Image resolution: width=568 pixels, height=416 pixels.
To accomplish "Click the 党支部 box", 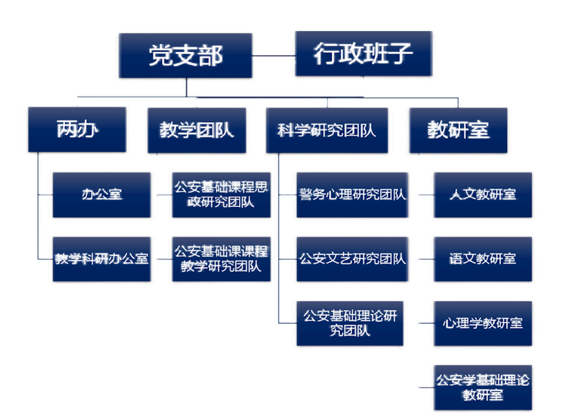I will click(185, 55).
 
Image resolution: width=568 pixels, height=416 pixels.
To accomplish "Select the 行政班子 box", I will click(364, 54).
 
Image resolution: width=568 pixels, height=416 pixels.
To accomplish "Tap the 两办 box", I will click(77, 130).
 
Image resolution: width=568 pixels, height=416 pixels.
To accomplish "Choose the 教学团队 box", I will click(196, 130).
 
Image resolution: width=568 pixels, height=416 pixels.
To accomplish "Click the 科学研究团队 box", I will click(327, 130).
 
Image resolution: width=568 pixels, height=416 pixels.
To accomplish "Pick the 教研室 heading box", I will click(458, 130).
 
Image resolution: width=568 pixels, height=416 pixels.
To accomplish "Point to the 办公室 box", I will click(102, 194).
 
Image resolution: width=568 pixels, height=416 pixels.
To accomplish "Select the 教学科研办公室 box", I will click(102, 259).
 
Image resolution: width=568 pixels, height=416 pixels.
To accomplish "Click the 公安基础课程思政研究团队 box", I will click(221, 194).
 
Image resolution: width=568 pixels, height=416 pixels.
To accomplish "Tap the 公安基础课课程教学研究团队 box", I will click(221, 259).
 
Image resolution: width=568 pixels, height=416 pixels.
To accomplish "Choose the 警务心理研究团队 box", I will click(352, 194).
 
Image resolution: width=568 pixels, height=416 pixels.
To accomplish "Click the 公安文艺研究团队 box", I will click(352, 259).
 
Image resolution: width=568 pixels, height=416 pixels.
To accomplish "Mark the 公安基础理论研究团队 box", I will click(350, 323).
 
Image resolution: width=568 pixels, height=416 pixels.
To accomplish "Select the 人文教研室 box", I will click(482, 194).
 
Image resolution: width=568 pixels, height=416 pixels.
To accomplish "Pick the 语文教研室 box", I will click(482, 259).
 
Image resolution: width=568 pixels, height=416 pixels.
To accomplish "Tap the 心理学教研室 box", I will click(482, 323).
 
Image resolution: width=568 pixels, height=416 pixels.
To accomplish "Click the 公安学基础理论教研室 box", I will click(482, 388).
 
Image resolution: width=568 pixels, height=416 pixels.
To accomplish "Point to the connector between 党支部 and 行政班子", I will click(273, 55).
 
